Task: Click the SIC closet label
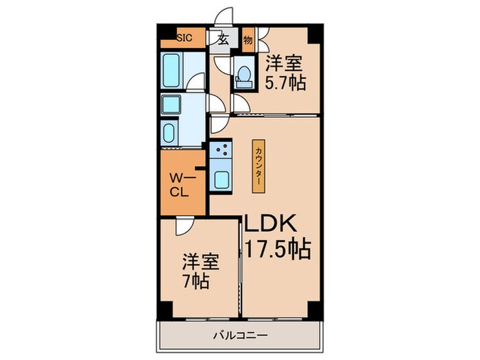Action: [185, 38]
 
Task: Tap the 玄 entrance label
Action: [223, 39]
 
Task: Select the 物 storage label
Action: [248, 40]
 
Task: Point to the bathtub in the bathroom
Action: [171, 71]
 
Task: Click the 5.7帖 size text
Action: [285, 82]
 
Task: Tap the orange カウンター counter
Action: [259, 166]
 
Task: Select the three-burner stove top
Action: [221, 149]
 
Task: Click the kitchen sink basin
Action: [221, 180]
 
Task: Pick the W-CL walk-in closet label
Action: [180, 185]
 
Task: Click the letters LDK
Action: [270, 223]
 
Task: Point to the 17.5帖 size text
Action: [278, 249]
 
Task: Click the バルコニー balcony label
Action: [240, 335]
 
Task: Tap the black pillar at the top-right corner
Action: [315, 34]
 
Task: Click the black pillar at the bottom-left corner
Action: [165, 310]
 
